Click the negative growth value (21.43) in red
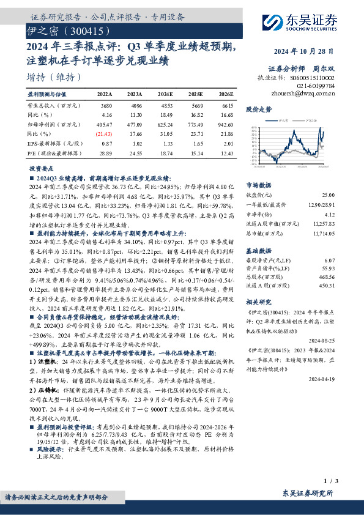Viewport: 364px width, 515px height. [x=104, y=133]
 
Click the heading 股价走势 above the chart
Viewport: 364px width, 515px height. [x=258, y=109]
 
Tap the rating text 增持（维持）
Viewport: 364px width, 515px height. [x=53, y=77]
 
